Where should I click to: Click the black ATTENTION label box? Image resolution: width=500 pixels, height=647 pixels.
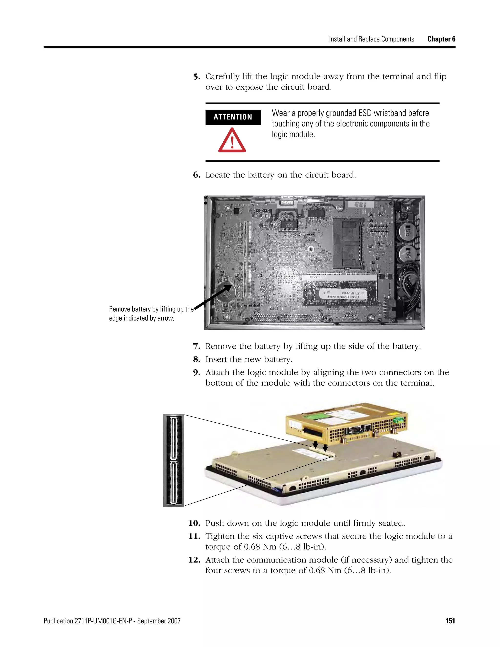coord(233,117)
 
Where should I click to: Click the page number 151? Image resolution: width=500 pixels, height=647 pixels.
coord(450,621)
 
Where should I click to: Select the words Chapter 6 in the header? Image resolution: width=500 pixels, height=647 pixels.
coord(441,39)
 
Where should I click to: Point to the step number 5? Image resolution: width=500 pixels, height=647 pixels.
coord(197,77)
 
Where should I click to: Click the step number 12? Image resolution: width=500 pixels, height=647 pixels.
coord(194,560)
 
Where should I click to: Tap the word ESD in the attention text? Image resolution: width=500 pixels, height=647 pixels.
coord(365,113)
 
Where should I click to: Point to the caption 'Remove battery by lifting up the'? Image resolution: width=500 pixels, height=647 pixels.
coord(151,309)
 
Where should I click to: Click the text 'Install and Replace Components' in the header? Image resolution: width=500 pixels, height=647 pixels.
coord(371,39)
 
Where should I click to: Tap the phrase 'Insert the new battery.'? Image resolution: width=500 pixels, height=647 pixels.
coord(249,359)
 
